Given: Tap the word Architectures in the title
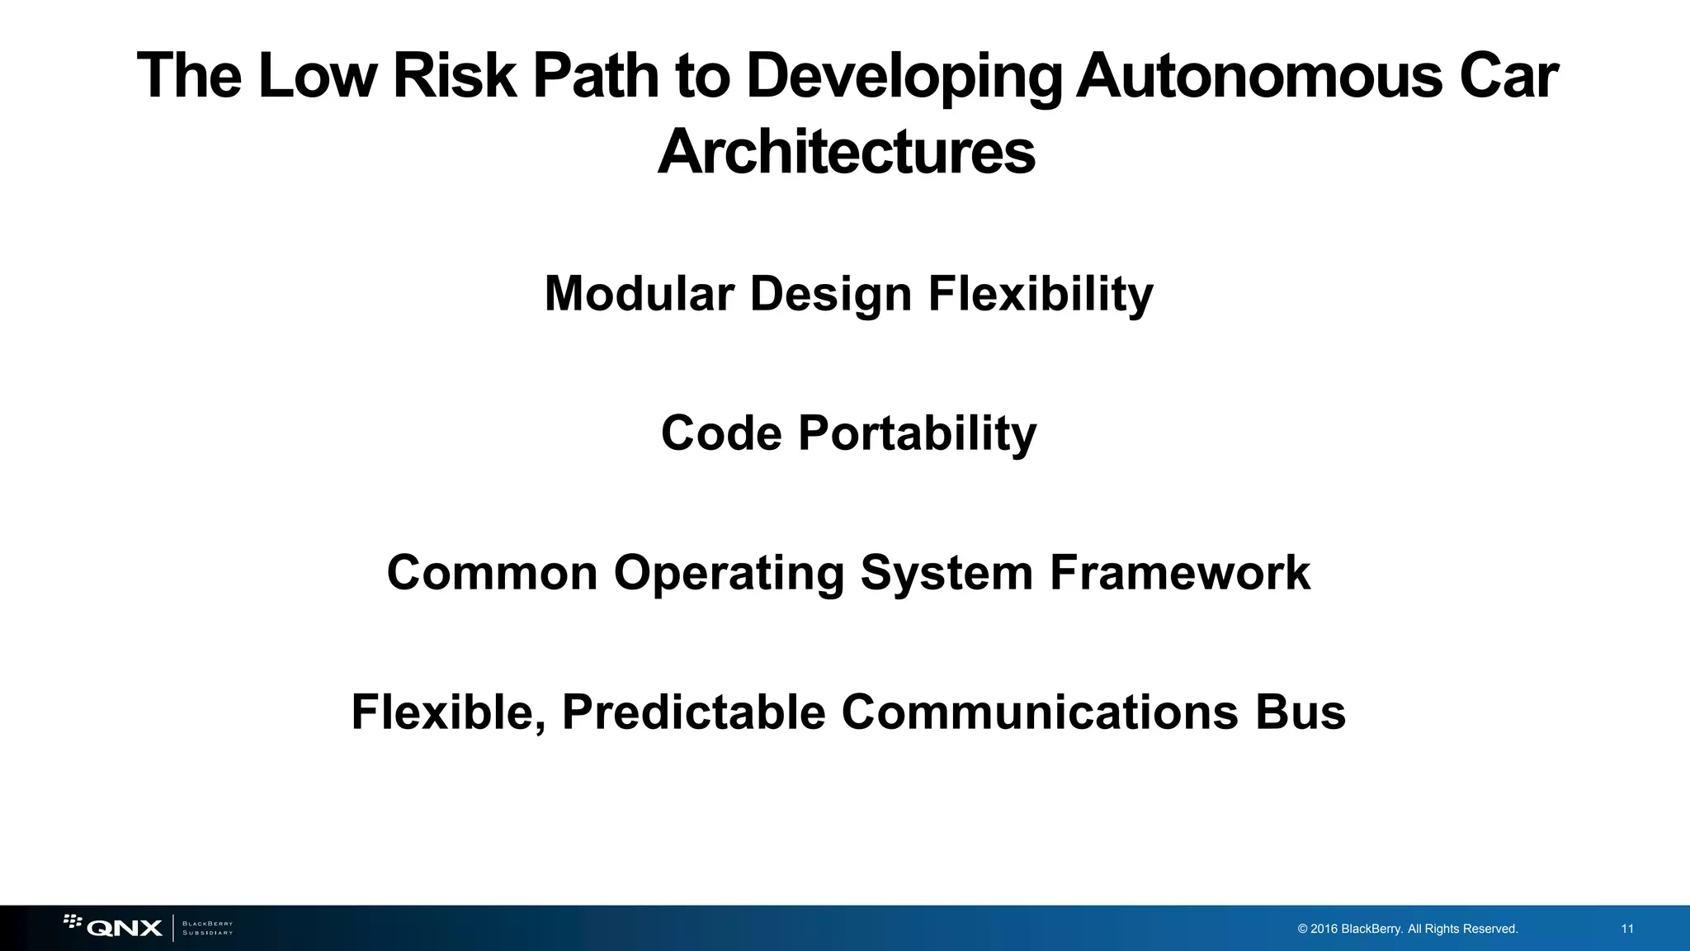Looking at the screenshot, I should coord(846,153).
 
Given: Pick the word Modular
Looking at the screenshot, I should coord(639,293).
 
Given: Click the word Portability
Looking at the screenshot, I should coord(917,434).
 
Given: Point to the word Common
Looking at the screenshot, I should coord(492,572).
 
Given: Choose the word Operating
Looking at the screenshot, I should coord(729,574).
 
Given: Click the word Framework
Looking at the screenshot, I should coord(1179,572).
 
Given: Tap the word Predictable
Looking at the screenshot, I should coord(693,712).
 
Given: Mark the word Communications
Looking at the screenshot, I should coord(1040,712).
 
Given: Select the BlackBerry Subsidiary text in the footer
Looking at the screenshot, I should coord(207,928).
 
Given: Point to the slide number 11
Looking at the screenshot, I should coord(1627,929).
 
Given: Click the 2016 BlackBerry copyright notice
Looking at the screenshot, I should coord(1407,929).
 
